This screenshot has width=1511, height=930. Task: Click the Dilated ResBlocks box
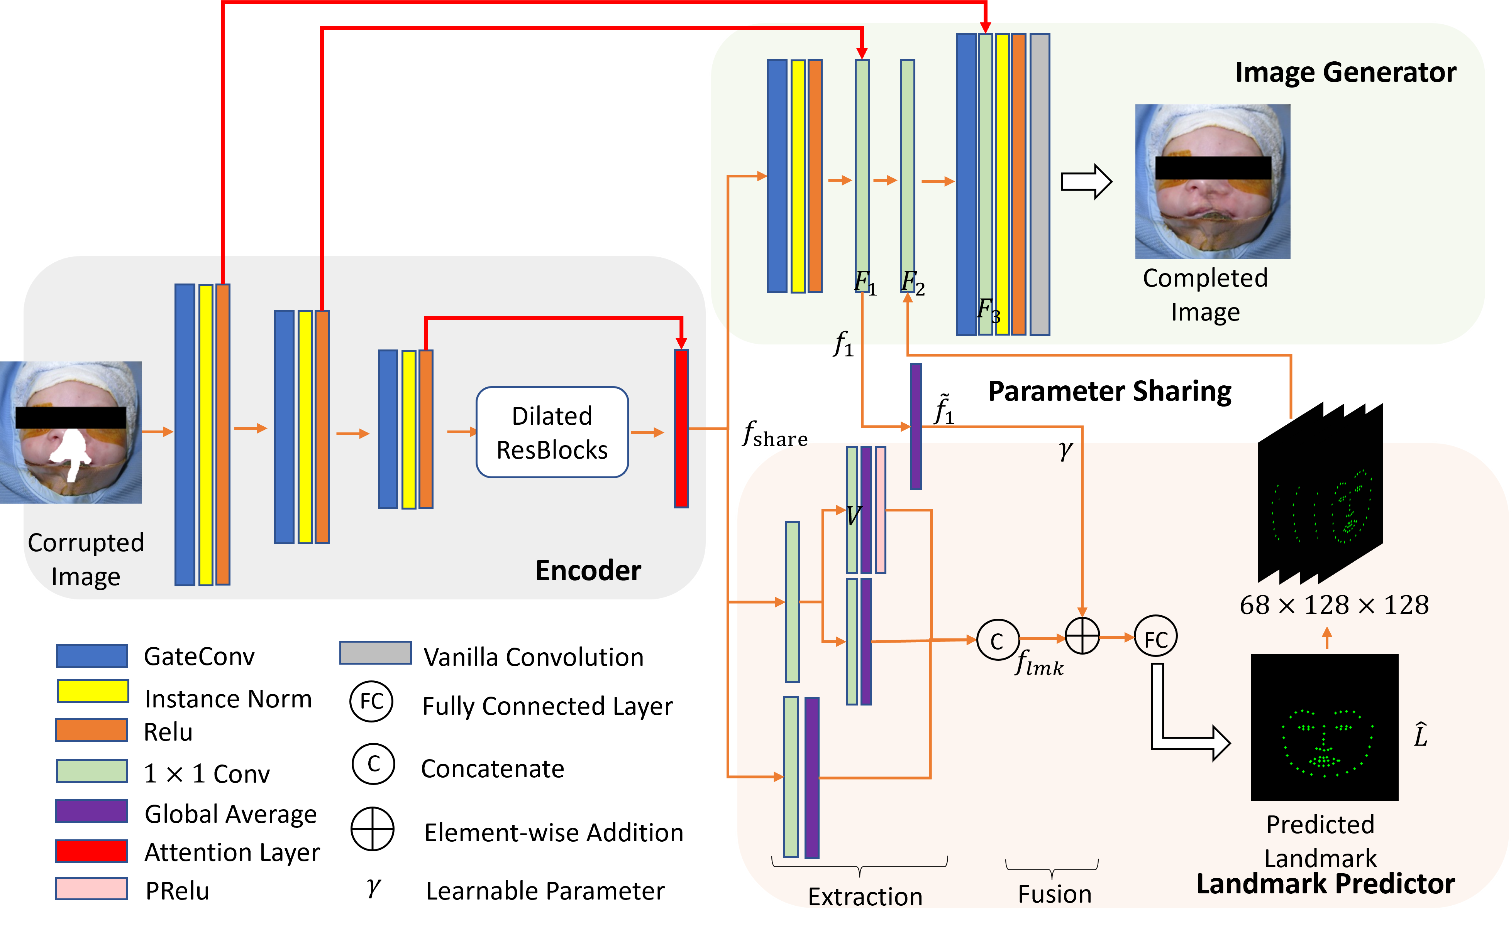click(552, 432)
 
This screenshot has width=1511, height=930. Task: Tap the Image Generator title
click(1345, 73)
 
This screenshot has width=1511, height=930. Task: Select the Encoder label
click(588, 570)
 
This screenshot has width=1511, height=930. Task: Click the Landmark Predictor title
click(1325, 884)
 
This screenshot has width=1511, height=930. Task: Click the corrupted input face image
click(71, 432)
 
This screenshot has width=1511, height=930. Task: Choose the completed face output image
click(1213, 181)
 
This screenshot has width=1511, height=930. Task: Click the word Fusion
click(1054, 894)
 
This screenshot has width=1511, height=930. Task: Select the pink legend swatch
click(92, 888)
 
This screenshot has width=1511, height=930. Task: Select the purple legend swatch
click(92, 811)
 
